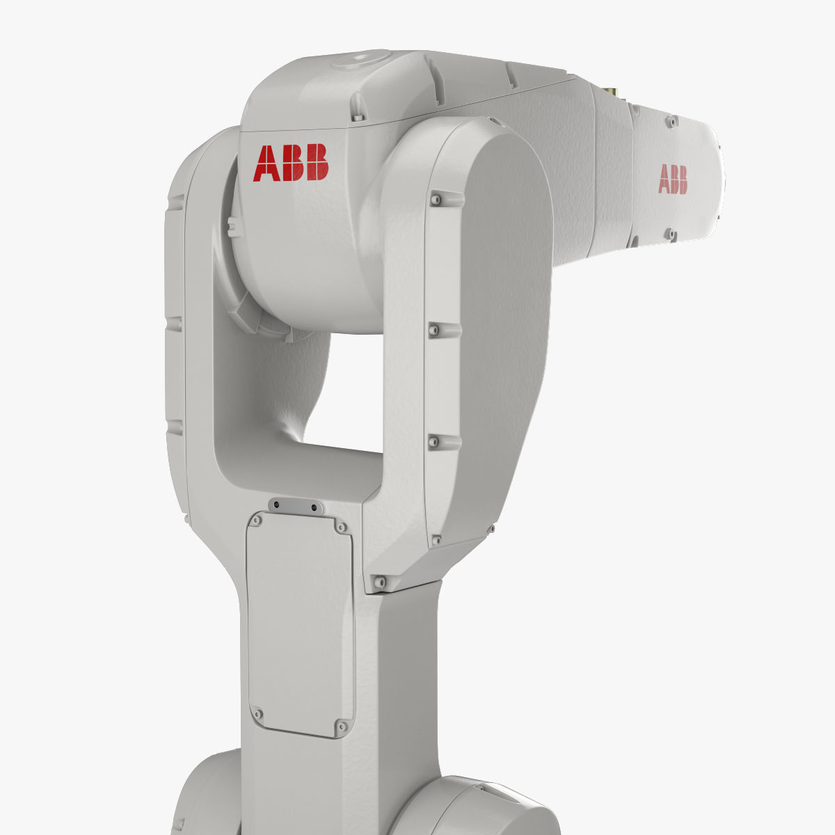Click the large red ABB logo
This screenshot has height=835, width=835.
click(291, 163)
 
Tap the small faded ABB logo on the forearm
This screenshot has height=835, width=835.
click(672, 179)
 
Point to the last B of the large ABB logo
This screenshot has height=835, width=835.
click(317, 162)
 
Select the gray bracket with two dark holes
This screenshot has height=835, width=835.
click(295, 506)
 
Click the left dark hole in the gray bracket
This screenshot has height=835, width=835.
click(276, 504)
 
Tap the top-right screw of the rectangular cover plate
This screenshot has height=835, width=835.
click(340, 527)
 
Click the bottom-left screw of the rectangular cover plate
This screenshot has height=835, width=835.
click(257, 714)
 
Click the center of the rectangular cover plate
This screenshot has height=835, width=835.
click(300, 623)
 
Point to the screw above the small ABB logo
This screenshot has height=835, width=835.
click(671, 122)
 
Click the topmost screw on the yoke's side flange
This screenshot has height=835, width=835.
click(436, 200)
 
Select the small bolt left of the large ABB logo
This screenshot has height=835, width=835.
click(232, 225)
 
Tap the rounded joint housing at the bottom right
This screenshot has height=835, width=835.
click(480, 807)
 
